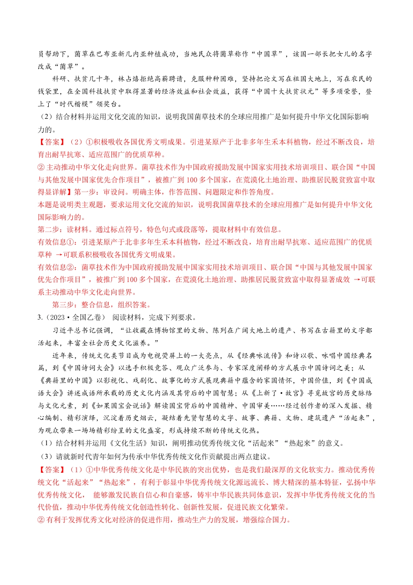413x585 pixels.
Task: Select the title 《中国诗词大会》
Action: pos(85,368)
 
